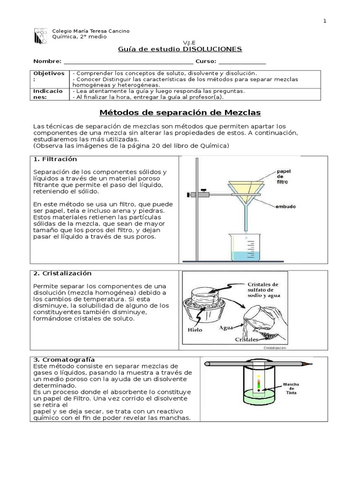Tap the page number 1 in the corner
tap(324, 21)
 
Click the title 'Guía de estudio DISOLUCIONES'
tap(179, 49)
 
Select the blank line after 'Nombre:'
tap(127, 61)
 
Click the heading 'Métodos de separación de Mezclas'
tap(180, 113)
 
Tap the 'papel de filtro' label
tap(283, 176)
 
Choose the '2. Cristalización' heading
tap(62, 273)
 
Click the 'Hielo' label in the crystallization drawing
tap(195, 330)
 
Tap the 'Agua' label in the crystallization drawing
tap(226, 328)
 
